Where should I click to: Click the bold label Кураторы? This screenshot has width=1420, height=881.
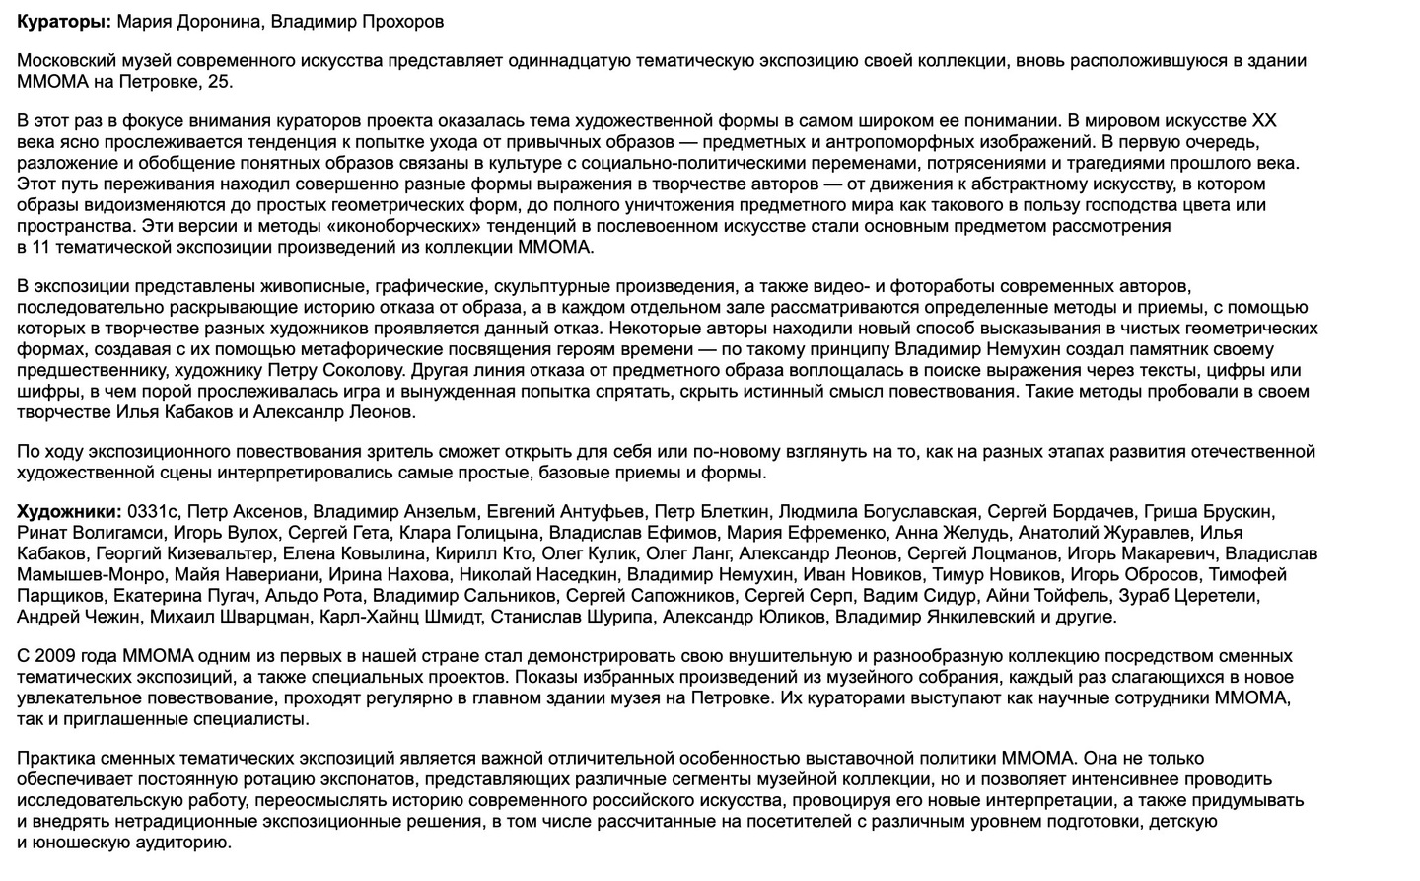64,21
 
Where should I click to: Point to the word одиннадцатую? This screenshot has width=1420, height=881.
574,61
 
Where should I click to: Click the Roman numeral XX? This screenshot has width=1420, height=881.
1263,121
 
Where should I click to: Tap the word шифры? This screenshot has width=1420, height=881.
42,391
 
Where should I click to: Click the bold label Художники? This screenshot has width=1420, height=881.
69,512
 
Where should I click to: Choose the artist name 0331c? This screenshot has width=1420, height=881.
151,512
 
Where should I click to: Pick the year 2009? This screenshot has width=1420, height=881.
53,656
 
